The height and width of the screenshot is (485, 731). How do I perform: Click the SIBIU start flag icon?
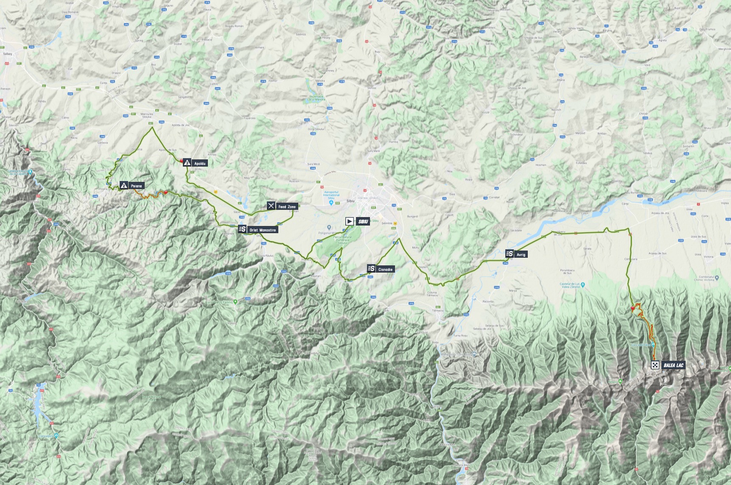pos(349,221)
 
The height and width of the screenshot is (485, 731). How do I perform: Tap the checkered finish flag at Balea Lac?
pos(655,365)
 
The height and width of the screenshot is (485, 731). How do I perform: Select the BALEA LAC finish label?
pos(673,365)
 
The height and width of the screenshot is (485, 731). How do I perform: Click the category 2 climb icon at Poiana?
pos(123,185)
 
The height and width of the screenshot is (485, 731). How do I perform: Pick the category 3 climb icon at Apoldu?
pos(187,162)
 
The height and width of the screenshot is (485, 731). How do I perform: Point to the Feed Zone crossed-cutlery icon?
pos(271,206)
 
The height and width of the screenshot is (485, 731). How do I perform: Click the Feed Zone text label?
pos(287,207)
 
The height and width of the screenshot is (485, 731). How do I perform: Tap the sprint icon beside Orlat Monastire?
pos(242,229)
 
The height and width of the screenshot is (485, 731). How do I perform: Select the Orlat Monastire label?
pos(263,230)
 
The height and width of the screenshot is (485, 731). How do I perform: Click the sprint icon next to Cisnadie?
pos(371,268)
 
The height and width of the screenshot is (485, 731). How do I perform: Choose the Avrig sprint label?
pos(521,255)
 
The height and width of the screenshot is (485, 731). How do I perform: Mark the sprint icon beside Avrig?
pos(510,254)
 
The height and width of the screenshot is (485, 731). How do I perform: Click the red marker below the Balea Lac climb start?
pos(633,308)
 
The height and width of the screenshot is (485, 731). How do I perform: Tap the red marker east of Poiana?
pos(166,192)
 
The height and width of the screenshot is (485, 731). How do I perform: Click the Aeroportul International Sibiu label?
pos(331,195)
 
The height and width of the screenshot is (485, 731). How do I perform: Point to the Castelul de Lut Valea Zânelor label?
pos(569,285)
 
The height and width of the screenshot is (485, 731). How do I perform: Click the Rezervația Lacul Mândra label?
pos(316,98)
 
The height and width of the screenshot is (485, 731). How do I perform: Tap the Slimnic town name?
pos(372,88)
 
